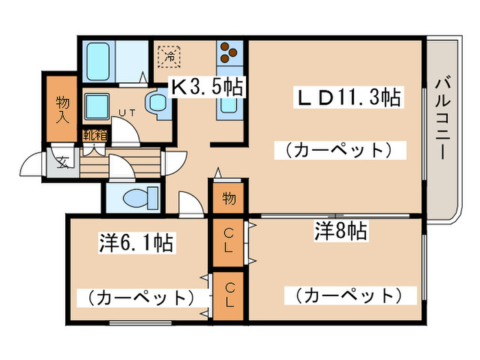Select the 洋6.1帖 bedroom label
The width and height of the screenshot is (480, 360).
click(135, 242)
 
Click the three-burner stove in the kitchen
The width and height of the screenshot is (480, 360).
click(229, 52)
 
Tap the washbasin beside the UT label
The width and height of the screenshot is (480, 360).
click(158, 104)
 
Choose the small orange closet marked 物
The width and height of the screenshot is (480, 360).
click(229, 199)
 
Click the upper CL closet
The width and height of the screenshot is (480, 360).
click(229, 242)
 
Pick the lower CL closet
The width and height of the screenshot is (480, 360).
click(229, 296)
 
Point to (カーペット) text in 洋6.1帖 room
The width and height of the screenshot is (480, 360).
click(138, 298)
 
